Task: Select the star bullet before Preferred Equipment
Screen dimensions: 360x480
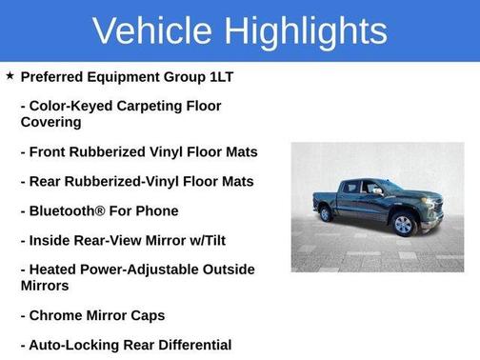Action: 10,75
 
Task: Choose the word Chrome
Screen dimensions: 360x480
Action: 57,315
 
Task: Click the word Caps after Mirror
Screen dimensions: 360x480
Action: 146,315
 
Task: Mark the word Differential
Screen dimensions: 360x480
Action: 191,345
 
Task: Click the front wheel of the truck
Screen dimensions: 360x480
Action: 403,224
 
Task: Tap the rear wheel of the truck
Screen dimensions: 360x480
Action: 327,213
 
